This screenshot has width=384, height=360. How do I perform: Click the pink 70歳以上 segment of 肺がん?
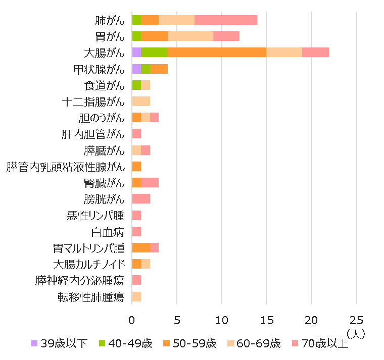[226, 20]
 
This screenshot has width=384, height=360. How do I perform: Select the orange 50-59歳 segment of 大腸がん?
[217, 53]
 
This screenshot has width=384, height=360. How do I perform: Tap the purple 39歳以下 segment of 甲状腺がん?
[136, 69]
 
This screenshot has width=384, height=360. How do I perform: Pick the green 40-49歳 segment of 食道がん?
[136, 85]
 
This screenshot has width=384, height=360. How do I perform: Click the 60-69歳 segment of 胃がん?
[190, 36]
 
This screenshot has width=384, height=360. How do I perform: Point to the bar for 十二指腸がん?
[141, 101]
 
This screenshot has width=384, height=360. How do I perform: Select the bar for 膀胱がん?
[141, 198]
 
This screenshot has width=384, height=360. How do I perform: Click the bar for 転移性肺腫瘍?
[136, 296]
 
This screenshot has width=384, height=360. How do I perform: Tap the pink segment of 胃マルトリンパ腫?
[154, 247]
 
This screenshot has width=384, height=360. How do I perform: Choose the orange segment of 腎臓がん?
[136, 182]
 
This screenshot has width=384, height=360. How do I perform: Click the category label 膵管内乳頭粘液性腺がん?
[65, 167]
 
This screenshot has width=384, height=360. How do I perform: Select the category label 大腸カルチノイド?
[88, 264]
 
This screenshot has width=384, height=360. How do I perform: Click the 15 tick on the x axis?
[266, 321]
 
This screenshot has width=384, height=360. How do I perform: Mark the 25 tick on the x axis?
[356, 321]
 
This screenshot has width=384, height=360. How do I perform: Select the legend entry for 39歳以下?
[59, 344]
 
